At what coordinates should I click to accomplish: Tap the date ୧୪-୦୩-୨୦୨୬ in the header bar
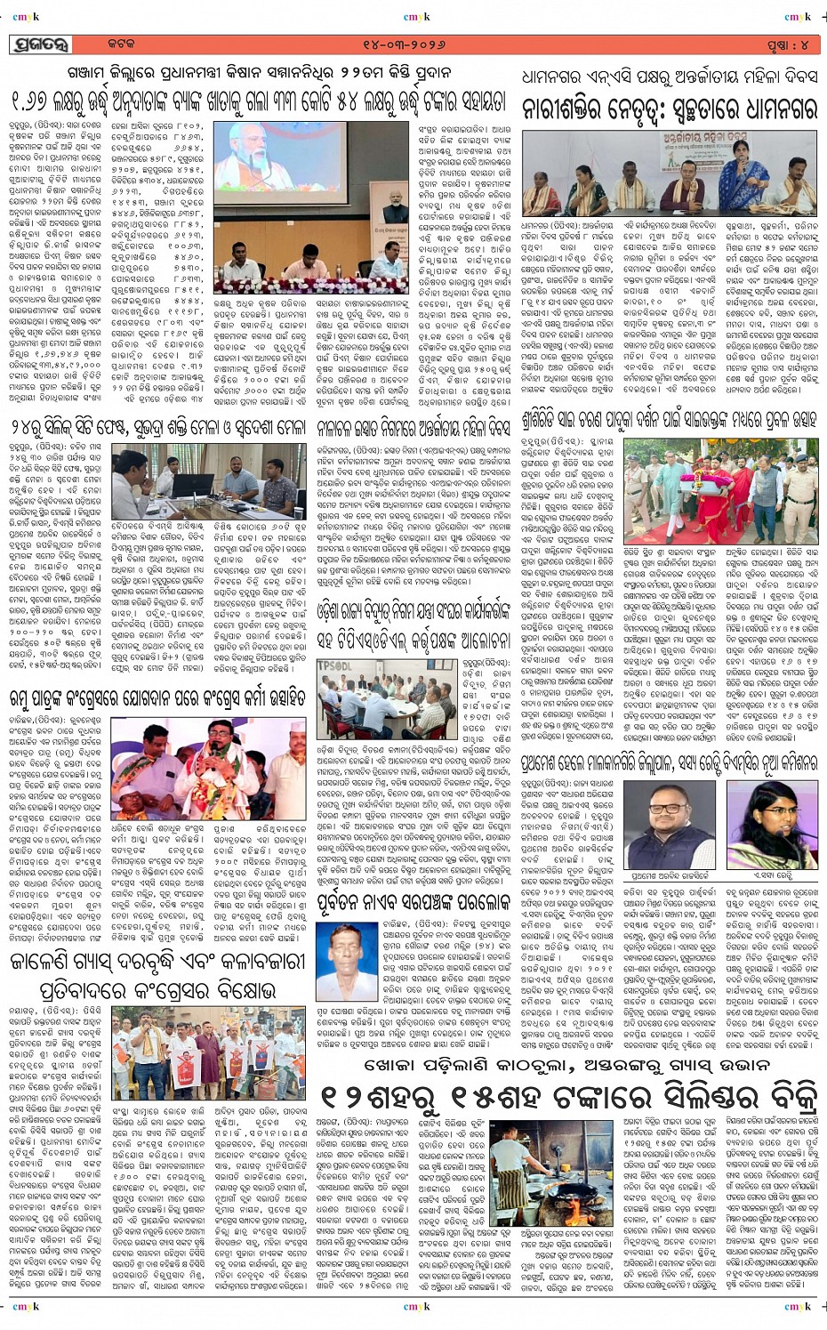pos(408,44)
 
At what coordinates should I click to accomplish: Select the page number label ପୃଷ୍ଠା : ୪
pos(788,44)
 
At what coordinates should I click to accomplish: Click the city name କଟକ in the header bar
pos(122,44)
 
